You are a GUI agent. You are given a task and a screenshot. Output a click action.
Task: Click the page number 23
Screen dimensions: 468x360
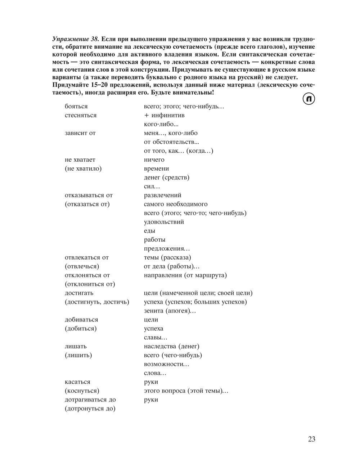point(311,439)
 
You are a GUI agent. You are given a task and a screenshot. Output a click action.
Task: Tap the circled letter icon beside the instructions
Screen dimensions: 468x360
point(309,99)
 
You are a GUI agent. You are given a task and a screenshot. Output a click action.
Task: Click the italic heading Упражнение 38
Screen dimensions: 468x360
point(76,39)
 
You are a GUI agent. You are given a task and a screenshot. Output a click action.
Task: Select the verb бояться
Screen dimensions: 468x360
point(76,107)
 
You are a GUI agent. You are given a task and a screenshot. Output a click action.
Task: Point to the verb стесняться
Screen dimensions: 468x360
point(81,115)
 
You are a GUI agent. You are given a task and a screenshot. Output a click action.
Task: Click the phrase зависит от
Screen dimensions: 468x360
point(80,133)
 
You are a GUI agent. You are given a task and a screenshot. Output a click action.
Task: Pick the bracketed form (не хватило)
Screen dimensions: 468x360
point(83,168)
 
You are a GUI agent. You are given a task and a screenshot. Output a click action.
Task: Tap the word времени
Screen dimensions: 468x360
point(156,168)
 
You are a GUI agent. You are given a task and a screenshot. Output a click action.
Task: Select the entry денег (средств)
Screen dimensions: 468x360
point(166,177)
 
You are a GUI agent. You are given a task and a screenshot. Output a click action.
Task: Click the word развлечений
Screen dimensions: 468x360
point(162,195)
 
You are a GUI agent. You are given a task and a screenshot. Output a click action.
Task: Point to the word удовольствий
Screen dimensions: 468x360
point(164,222)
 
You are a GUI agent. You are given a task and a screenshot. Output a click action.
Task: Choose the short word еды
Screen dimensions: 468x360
point(149,231)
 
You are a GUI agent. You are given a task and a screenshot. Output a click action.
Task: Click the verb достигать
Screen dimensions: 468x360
point(79,293)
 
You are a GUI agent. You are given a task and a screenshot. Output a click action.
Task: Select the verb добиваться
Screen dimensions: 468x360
point(81,320)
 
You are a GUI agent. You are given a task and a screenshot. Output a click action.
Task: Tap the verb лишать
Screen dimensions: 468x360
point(76,346)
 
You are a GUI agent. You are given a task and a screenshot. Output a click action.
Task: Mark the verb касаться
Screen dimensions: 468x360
point(77,382)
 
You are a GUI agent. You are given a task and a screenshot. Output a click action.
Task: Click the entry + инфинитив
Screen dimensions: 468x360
point(164,115)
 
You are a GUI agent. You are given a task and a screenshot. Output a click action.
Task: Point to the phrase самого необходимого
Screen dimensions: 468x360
point(176,204)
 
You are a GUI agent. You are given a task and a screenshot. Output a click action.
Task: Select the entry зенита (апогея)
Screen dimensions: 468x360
point(170,311)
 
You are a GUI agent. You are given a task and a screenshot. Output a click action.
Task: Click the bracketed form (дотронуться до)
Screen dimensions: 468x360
point(90,409)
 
